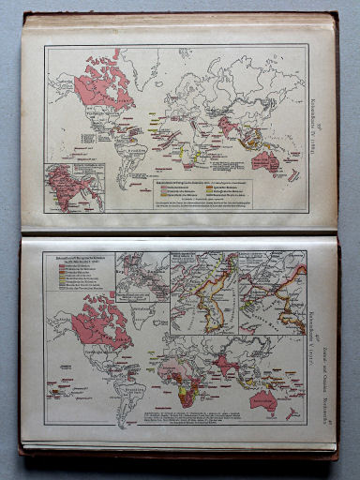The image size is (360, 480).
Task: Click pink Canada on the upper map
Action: (x=105, y=82)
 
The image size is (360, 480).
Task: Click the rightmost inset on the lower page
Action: (x=273, y=291)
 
